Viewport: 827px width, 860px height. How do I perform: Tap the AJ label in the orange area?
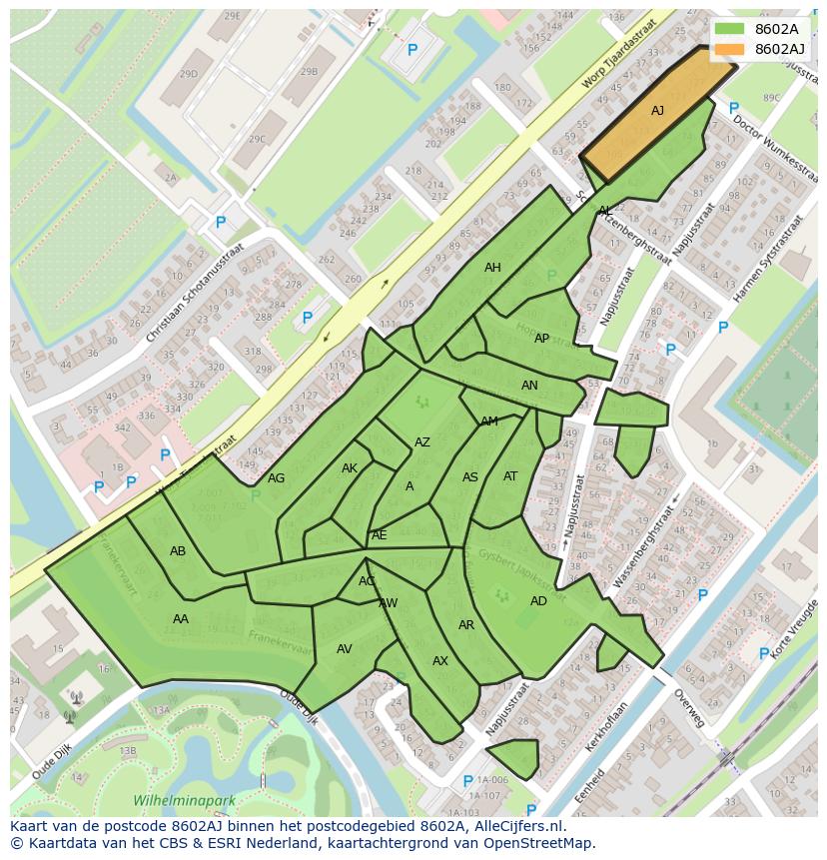pos(657,111)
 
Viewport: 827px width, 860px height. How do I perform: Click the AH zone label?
pos(492,268)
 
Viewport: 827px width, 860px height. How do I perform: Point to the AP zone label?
pos(541,339)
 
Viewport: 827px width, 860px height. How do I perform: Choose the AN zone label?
pos(529,386)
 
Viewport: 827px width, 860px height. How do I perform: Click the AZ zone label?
pos(422,442)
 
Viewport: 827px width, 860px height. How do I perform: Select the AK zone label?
pos(350,468)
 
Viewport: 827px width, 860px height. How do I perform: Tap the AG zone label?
pos(277,478)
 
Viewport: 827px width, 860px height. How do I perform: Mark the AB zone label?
pos(178,551)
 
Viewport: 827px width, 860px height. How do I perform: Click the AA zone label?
pos(181,619)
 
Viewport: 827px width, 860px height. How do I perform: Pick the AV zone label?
pos(345,649)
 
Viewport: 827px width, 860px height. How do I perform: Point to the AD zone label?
pos(538,601)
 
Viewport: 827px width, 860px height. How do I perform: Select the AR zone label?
pos(466,625)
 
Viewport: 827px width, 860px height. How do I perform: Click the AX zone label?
pos(440,661)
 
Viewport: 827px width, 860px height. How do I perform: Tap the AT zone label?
pos(510,476)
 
